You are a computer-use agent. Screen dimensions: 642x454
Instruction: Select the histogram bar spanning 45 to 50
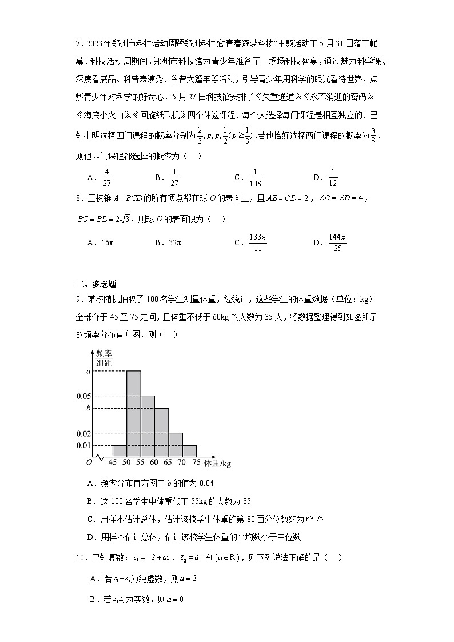pos(120,451)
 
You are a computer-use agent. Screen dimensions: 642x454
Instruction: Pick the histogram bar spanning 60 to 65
pos(162,433)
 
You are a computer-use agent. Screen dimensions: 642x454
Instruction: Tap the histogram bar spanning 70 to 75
pos(190,451)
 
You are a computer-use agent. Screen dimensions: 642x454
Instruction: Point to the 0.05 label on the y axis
pos(84,396)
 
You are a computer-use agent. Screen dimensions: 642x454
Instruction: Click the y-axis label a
pos(89,372)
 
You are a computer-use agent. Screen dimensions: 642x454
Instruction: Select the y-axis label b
pos(89,408)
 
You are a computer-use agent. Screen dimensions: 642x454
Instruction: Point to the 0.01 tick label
pos(84,445)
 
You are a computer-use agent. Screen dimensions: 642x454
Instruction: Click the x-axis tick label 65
pos(169,462)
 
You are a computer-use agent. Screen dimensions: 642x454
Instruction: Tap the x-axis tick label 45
pos(113,462)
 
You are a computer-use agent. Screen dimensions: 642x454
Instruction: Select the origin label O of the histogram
pos(89,462)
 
